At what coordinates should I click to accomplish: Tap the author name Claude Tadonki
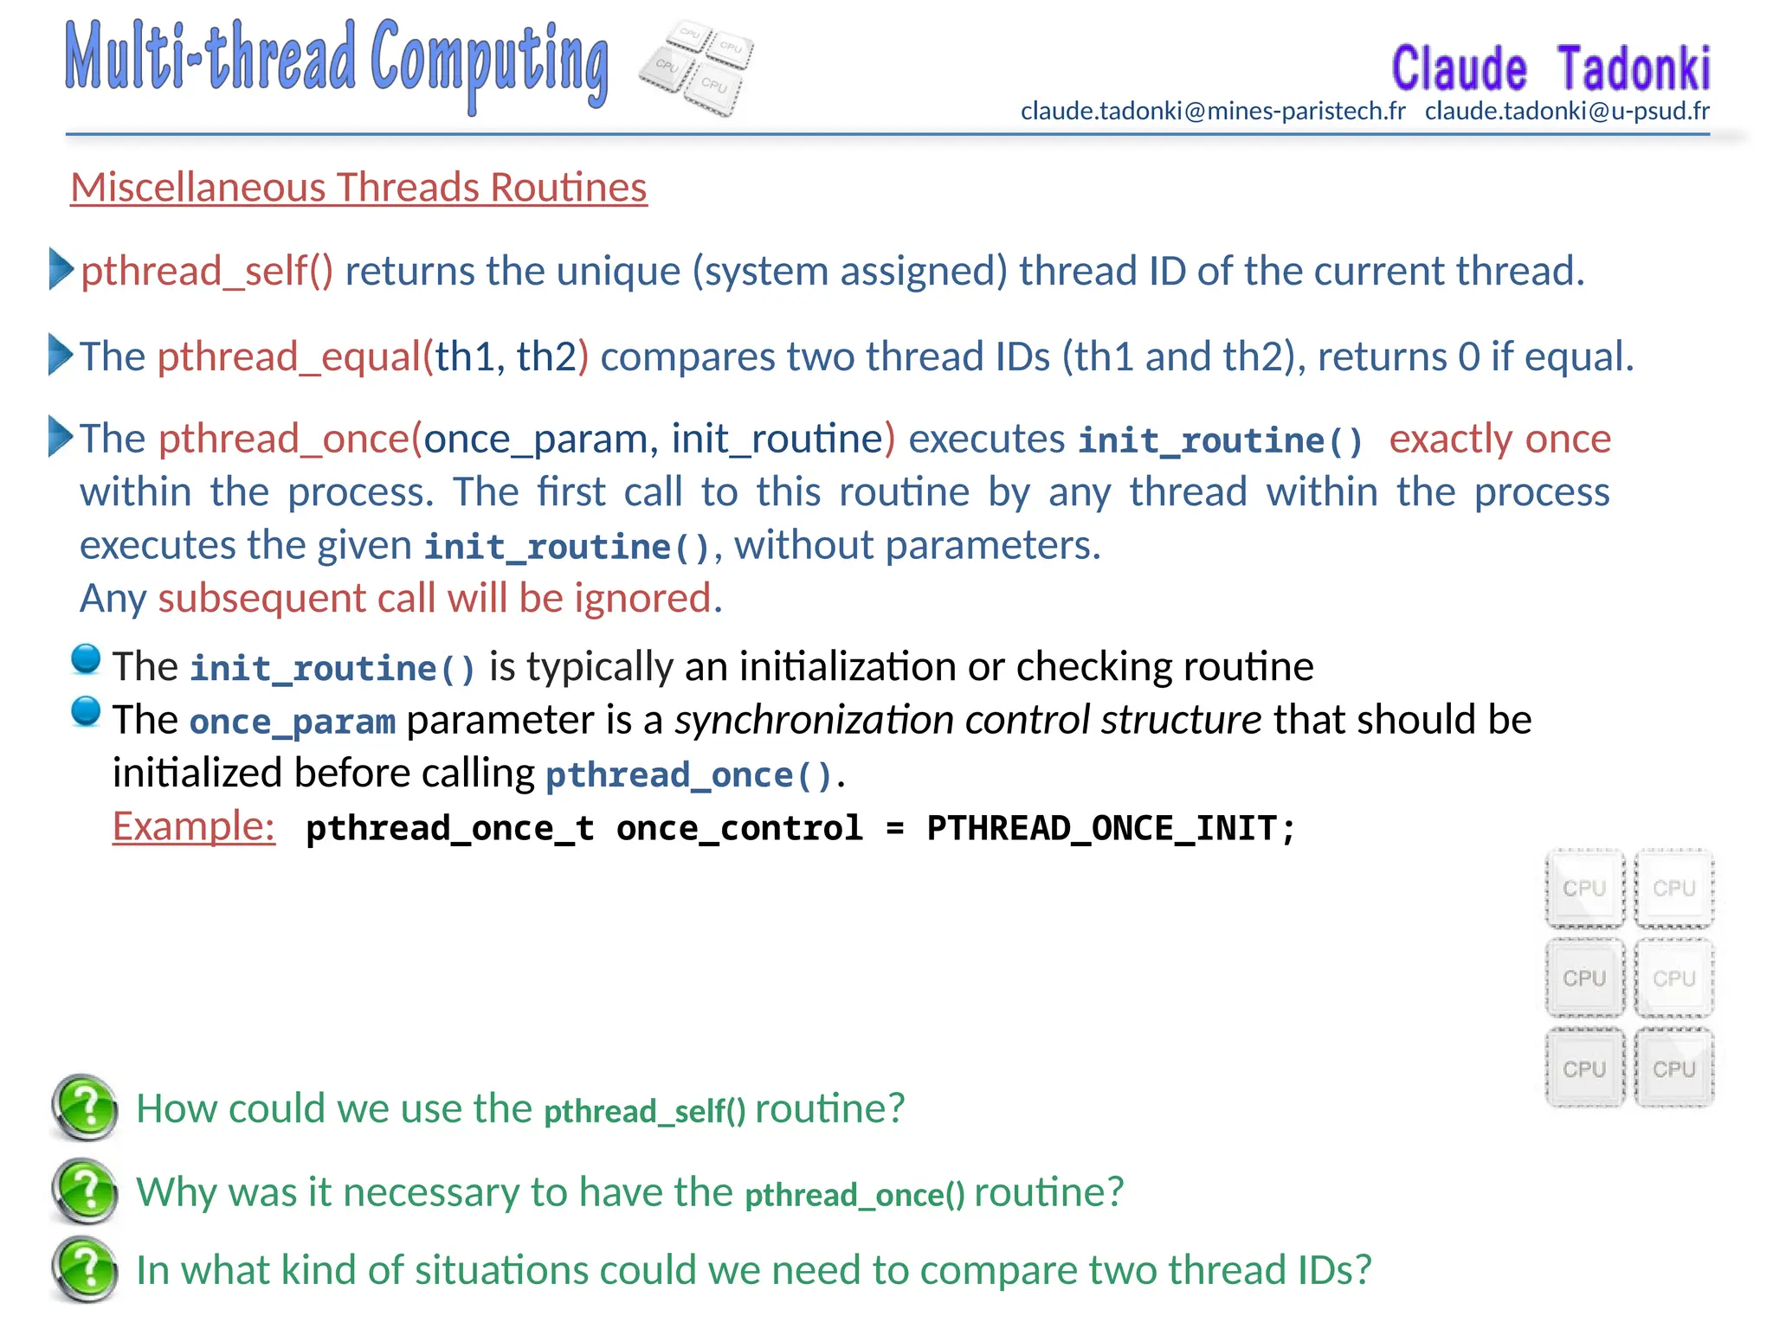pos(1550,69)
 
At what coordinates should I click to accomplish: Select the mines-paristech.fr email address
pos(1212,112)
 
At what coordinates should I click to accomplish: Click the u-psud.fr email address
pos(1567,112)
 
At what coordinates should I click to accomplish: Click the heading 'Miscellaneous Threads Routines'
pos(358,188)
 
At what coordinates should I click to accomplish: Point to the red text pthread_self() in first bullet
pos(207,272)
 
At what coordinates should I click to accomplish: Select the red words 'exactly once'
pos(1499,440)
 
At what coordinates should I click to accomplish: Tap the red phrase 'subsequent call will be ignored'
pos(439,599)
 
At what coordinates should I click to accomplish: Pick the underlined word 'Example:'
pos(194,827)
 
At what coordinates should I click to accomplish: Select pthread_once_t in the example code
pos(450,829)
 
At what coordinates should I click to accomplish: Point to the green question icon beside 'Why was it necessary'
pos(85,1191)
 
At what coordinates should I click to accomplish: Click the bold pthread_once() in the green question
pos(854,1195)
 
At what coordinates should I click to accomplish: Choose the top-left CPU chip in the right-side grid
pos(1584,889)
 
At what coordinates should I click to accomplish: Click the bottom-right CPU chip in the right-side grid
pos(1673,1069)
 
